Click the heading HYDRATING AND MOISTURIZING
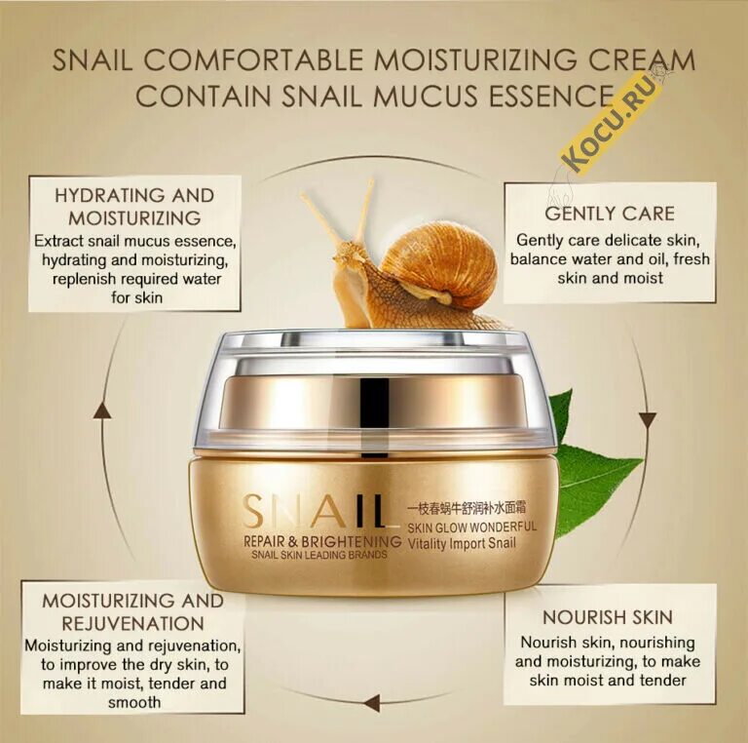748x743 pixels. point(135,205)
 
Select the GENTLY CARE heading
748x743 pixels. point(610,214)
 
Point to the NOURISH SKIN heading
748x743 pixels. point(609,617)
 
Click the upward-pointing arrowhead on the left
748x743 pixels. point(102,411)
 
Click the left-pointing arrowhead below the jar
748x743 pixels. point(370,702)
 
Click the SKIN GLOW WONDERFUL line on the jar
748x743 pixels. point(471,527)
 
